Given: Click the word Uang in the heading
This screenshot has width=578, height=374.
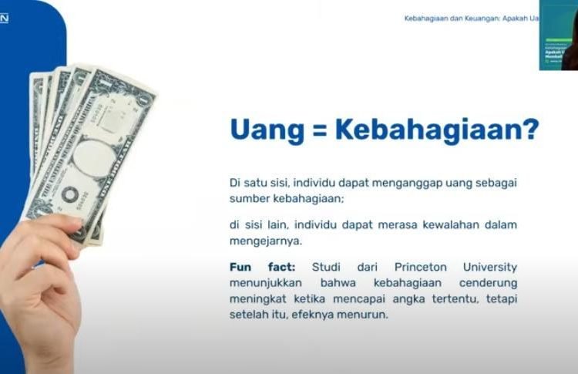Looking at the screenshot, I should click(267, 130).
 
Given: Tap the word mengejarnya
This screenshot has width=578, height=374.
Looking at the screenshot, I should click(264, 241).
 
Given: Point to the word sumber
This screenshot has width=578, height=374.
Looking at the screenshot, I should click(248, 198).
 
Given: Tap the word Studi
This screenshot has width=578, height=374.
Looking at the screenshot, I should click(327, 267).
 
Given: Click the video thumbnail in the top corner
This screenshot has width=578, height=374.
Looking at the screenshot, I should click(558, 35).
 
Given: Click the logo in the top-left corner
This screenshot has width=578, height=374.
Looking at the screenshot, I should click(4, 19).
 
